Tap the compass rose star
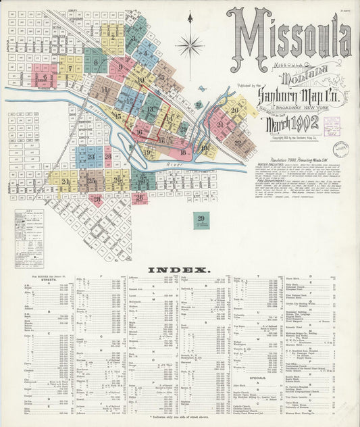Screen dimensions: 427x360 pyautogui.click(x=190, y=46)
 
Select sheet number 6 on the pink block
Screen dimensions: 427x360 pyautogui.click(x=45, y=77)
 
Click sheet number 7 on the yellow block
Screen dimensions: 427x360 pyautogui.click(x=70, y=68)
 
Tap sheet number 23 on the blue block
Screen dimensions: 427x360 pyautogui.click(x=91, y=156)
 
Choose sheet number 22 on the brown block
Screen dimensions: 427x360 pyautogui.click(x=238, y=142)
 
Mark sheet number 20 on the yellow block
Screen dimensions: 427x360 pyautogui.click(x=234, y=109)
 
